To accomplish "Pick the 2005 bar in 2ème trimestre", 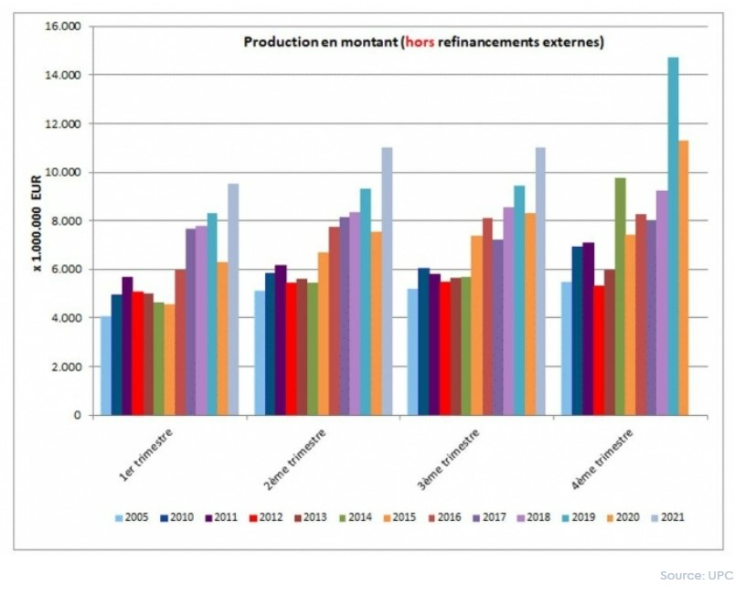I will point(260,353).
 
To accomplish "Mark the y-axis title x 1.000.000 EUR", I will point(37,220).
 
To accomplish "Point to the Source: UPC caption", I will point(696,575).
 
